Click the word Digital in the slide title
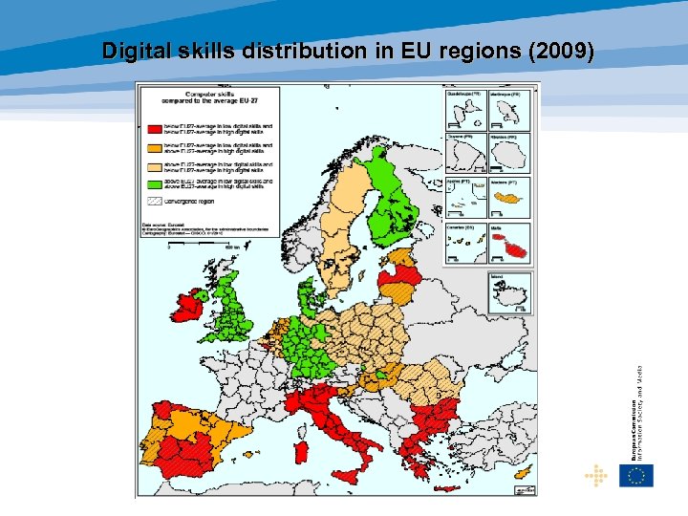[x=137, y=50]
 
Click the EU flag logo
[x=636, y=475]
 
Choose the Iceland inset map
[x=509, y=292]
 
